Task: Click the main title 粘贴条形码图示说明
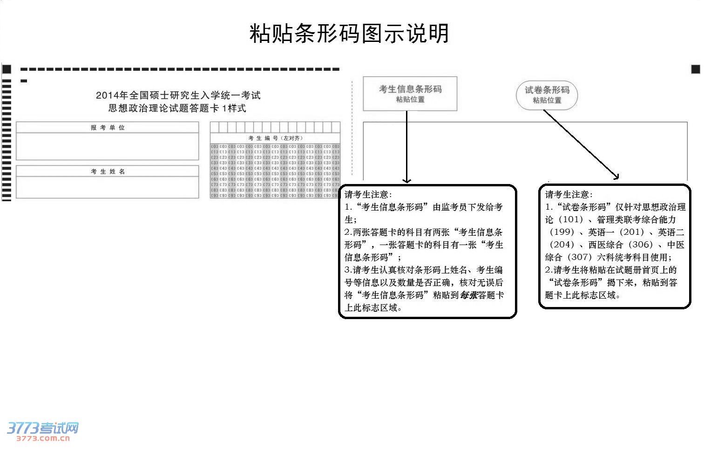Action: pos(349,34)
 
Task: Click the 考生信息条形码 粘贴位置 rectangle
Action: pos(410,94)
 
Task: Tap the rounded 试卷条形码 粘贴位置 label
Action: pos(547,95)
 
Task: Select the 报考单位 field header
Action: pos(108,128)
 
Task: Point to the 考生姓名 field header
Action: pos(108,171)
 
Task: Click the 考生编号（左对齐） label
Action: pos(275,138)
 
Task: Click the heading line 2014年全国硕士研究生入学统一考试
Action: pos(178,95)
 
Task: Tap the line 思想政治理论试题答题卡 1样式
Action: pos(177,109)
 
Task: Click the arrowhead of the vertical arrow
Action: pos(407,181)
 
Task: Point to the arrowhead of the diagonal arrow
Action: pos(616,177)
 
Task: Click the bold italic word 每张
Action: pos(469,295)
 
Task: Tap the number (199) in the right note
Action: pos(562,232)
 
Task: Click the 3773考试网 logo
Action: pos(43,428)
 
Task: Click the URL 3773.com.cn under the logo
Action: pos(43,438)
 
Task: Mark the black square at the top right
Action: pos(696,69)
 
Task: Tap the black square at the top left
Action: pos(7,69)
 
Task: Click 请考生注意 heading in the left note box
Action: pos(368,195)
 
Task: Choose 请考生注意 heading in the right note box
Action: pos(569,195)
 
